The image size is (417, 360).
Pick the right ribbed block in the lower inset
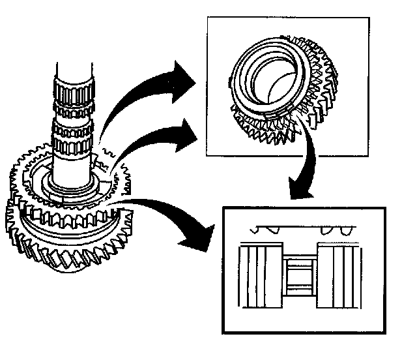[339, 275]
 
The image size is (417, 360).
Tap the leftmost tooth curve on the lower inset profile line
[255, 230]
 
